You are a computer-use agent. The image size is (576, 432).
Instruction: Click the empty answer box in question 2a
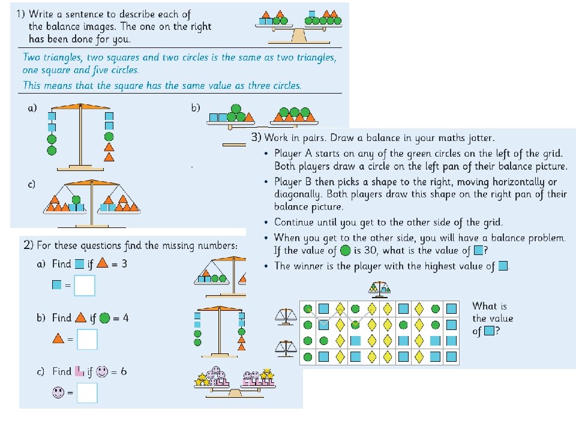85,286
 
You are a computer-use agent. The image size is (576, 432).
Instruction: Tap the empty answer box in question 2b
88,340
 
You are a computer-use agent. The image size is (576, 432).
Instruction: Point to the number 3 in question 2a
124,263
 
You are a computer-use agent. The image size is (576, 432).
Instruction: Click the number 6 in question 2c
124,371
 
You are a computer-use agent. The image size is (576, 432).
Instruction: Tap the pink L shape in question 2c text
79,371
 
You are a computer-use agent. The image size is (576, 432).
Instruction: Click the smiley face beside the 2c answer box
58,393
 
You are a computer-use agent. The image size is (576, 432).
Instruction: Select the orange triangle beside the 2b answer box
58,340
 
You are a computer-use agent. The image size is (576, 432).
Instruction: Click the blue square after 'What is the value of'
490,331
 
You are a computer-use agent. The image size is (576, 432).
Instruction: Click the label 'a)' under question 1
32,108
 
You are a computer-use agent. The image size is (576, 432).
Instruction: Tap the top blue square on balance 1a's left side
52,116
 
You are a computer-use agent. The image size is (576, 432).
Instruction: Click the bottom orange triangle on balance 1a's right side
109,157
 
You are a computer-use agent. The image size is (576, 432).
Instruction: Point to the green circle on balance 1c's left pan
76,200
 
